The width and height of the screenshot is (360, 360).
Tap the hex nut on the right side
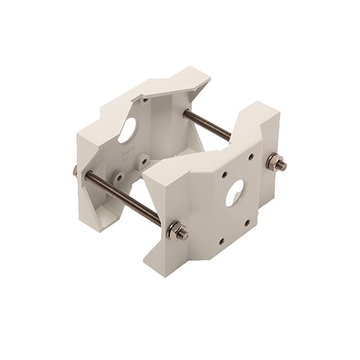(275, 162)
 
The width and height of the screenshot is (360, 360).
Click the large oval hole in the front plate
(234, 193)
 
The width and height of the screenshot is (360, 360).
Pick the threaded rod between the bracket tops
(207, 125)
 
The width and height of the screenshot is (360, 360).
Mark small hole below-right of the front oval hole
(247, 222)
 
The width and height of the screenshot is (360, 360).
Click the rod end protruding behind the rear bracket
(75, 171)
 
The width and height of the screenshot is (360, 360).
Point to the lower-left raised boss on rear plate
(120, 178)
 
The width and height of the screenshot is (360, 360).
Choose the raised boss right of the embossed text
(143, 160)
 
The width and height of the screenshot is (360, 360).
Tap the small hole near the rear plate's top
(145, 100)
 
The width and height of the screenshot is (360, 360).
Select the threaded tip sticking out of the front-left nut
(185, 235)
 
